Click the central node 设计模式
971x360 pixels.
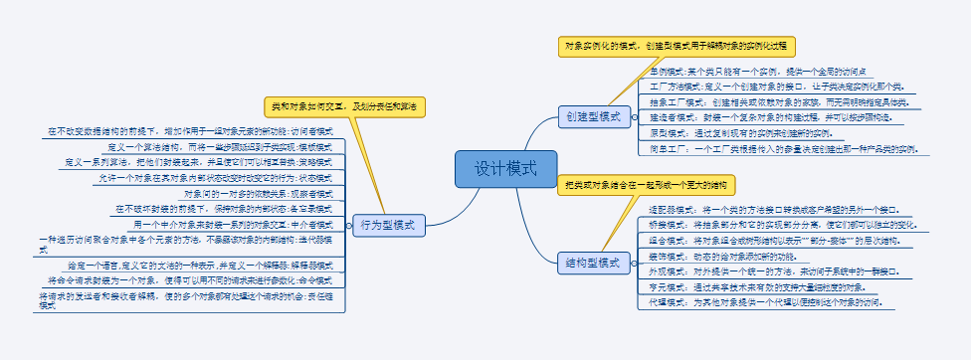pyautogui.click(x=504, y=169)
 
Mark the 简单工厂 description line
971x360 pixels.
pyautogui.click(x=775, y=148)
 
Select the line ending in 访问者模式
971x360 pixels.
pyautogui.click(x=190, y=131)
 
